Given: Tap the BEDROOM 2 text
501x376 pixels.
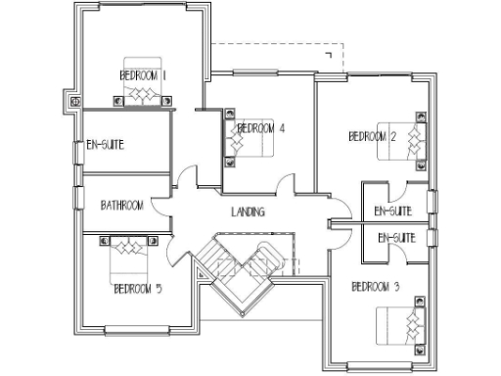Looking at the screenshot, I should [x=372, y=137].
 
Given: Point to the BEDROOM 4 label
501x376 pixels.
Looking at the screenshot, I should [x=261, y=127].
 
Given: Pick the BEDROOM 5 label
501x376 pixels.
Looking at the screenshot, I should [x=138, y=289].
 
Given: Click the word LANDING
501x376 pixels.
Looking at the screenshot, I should [x=248, y=211].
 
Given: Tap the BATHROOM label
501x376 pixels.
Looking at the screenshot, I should [x=122, y=206].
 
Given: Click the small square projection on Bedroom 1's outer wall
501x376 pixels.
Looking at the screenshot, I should [x=73, y=100].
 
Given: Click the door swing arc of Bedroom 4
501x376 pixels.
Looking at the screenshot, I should [x=285, y=183].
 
